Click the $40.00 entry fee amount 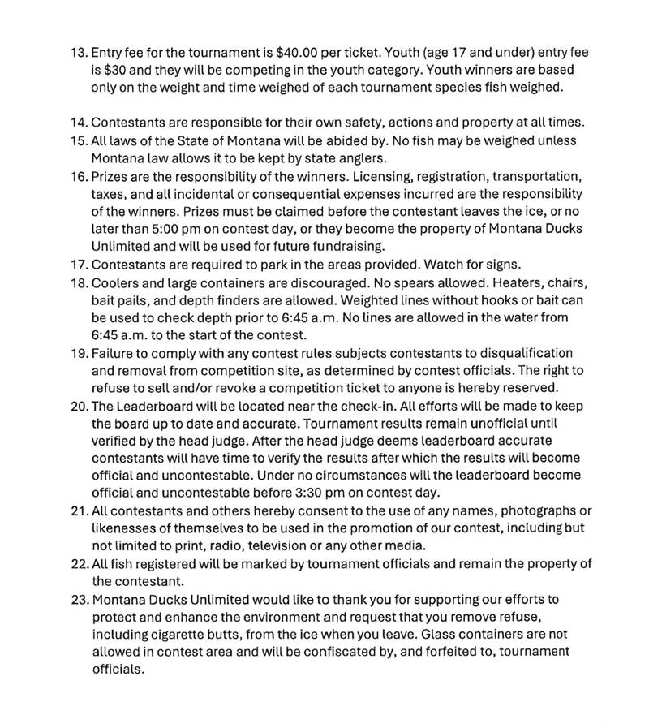(298, 53)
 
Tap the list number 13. (79, 53)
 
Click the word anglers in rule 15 (369, 157)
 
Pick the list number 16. (79, 175)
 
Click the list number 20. (79, 405)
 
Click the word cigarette (182, 635)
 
